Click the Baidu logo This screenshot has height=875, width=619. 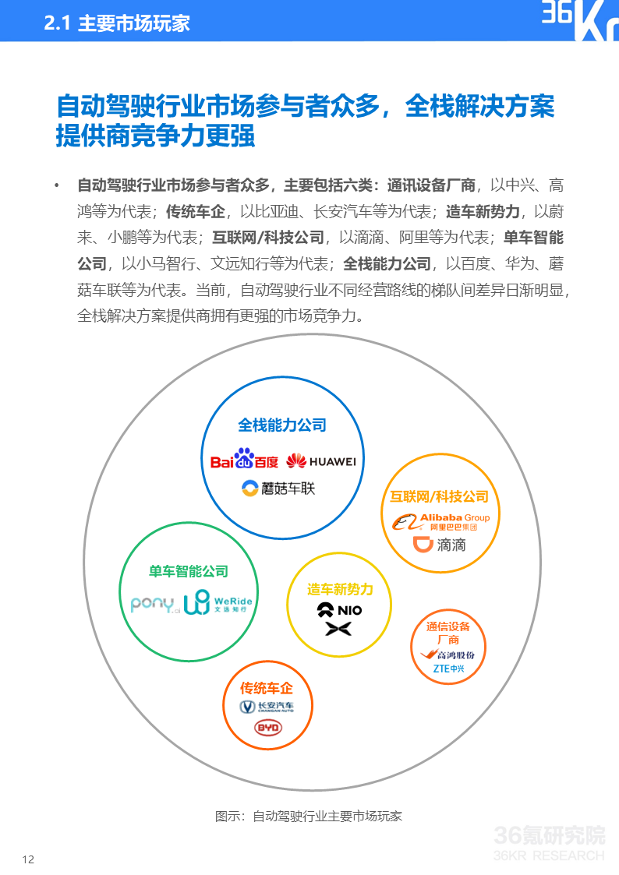(x=244, y=460)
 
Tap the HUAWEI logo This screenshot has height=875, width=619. (x=320, y=461)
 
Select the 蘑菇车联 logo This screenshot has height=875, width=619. (x=278, y=489)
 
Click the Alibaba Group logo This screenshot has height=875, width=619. (x=440, y=521)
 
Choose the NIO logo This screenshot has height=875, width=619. (x=339, y=610)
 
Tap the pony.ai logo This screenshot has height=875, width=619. (x=154, y=604)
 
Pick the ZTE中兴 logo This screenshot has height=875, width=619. (x=447, y=669)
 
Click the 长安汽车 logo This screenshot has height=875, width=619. (x=266, y=707)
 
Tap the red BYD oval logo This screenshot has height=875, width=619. (x=267, y=728)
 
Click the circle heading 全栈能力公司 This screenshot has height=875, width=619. (x=281, y=425)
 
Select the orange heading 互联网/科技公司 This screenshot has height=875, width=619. (x=439, y=497)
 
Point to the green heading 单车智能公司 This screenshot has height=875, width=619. (x=189, y=571)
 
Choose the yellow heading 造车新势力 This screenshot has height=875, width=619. (x=340, y=589)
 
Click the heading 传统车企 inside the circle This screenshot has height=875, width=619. (x=267, y=689)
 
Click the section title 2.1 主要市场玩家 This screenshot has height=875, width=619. (x=117, y=23)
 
